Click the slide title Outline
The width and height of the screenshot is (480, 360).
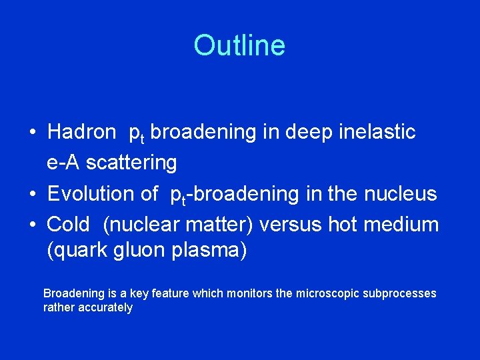239,46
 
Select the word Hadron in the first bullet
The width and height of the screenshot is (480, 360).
81,132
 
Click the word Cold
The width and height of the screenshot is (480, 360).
68,225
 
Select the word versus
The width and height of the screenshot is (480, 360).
291,225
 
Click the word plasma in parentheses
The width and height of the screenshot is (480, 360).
210,252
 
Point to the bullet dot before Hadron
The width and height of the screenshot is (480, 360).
33,133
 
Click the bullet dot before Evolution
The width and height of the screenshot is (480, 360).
33,195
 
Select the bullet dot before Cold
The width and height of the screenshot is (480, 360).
33,225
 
